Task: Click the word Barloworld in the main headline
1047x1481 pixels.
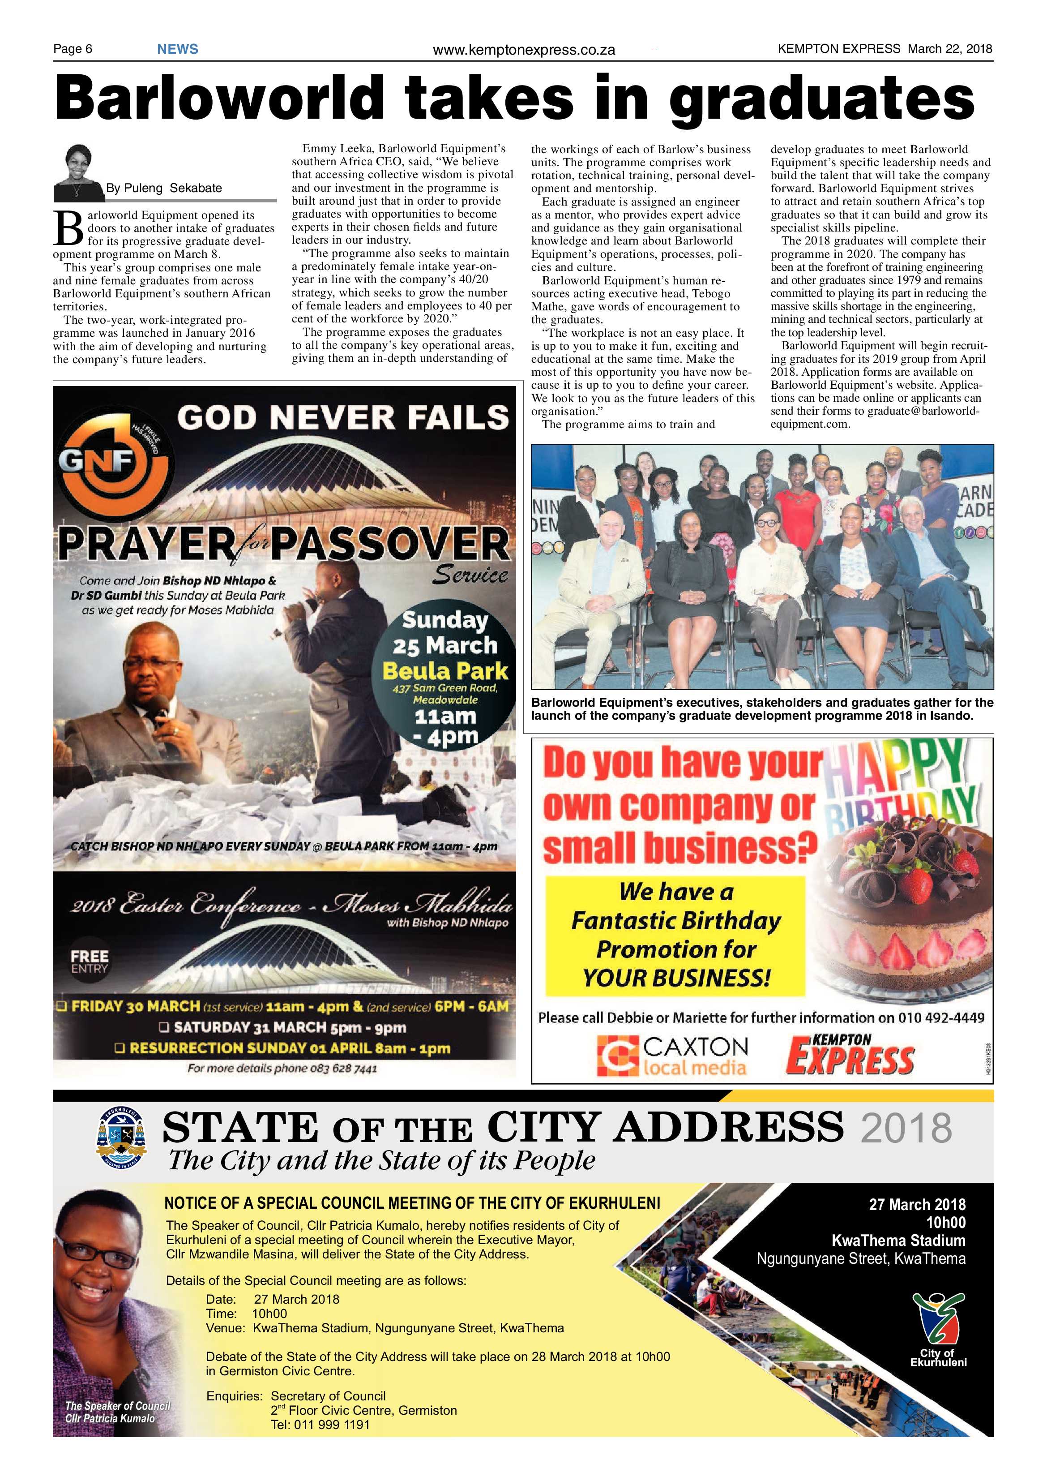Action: pos(219,99)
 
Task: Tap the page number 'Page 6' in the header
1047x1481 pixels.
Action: pos(73,49)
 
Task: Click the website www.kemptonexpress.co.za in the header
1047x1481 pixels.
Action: pos(524,50)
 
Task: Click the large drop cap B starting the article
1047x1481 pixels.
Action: pos(68,228)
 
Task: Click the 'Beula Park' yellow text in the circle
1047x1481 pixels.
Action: pos(445,671)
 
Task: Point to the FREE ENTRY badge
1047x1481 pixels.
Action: pos(90,961)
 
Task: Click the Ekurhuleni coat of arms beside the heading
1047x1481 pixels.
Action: pos(121,1138)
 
